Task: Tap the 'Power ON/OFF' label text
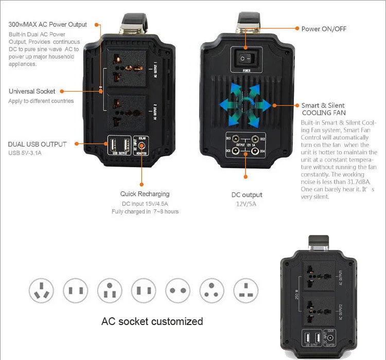tap(324, 29)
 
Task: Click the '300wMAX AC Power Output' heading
tap(48, 24)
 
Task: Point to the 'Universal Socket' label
tap(32, 91)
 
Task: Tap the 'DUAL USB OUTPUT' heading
tap(38, 144)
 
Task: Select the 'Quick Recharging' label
tap(145, 194)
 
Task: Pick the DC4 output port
tap(255, 151)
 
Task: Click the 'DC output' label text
tap(247, 195)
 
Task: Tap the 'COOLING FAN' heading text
tap(324, 113)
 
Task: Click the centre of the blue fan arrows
tap(246, 105)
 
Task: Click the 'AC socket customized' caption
tap(152, 321)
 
